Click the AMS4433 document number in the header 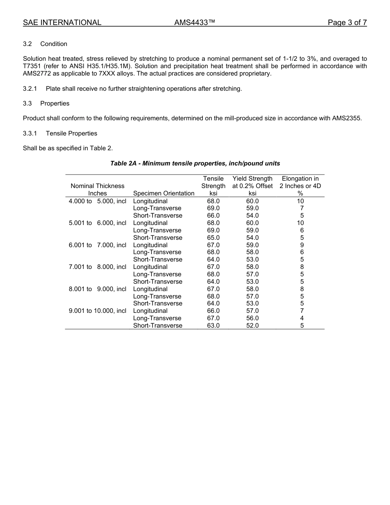(195, 23)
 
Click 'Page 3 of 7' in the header (347, 23)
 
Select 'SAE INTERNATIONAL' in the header (62, 23)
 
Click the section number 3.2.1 (30, 89)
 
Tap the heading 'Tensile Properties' (71, 133)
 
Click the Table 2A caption (195, 163)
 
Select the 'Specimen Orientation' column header (164, 193)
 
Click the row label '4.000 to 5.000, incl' (97, 201)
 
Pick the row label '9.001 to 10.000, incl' (97, 311)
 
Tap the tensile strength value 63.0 (213, 326)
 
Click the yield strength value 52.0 (252, 326)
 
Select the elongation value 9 (302, 245)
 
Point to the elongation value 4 (302, 318)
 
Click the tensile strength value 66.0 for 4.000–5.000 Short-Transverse (213, 216)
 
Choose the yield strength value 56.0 (252, 318)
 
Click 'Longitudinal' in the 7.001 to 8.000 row (150, 267)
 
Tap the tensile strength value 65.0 (213, 238)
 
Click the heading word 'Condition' (54, 44)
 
